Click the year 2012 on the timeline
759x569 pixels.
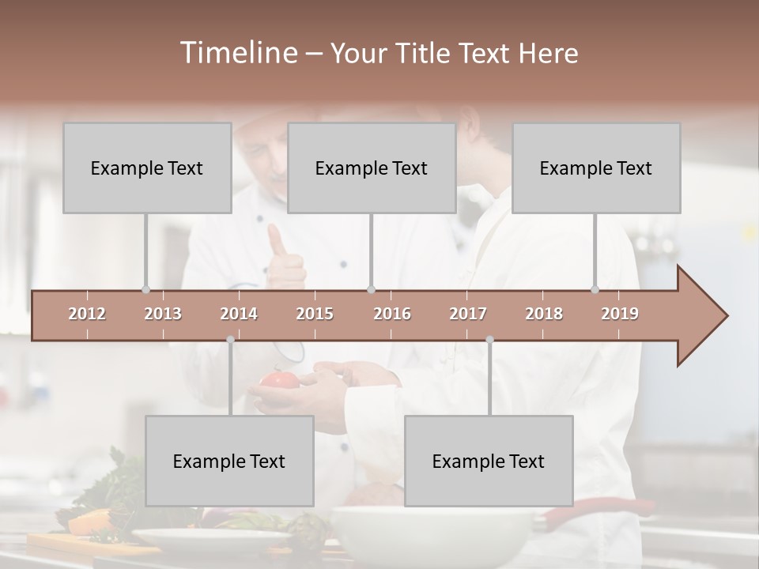tap(87, 314)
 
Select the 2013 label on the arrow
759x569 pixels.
tap(163, 314)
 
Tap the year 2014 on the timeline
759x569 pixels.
tap(239, 314)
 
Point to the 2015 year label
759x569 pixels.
tap(315, 314)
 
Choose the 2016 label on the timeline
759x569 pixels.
tap(392, 314)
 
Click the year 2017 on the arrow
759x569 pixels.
tap(468, 314)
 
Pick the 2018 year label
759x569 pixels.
tap(544, 314)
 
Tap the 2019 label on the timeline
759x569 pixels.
tap(620, 314)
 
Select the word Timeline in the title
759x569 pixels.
tap(237, 53)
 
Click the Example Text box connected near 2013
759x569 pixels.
tap(147, 168)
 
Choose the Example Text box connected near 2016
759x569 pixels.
tap(372, 168)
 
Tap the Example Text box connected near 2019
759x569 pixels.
tap(596, 168)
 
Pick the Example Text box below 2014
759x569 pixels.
tap(229, 461)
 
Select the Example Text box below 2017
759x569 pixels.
tap(489, 461)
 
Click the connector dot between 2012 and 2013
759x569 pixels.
tap(145, 290)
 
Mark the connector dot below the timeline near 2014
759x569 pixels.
tap(230, 340)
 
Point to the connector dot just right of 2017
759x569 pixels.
tap(489, 340)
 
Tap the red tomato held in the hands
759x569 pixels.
tap(277, 381)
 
